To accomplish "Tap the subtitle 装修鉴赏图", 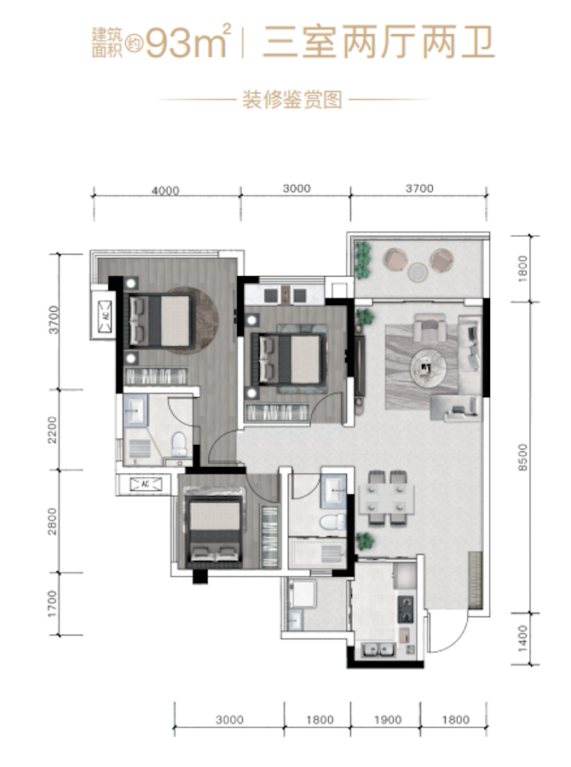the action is [x=292, y=100].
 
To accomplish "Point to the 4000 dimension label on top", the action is [x=165, y=190].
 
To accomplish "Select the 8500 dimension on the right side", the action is [x=522, y=457].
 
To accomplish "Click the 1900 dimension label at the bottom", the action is [x=388, y=719].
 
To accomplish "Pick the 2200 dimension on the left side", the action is [x=52, y=430].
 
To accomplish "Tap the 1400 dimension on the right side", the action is [x=522, y=637].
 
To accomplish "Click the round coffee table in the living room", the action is [x=428, y=366].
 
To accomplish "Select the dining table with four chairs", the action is [x=386, y=498].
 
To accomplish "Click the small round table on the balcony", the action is [x=418, y=272].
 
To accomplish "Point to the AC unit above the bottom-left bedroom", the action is [x=146, y=484].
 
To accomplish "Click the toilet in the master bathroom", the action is [x=178, y=442].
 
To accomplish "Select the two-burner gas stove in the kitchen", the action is [x=406, y=609].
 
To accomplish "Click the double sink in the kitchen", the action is [x=380, y=650].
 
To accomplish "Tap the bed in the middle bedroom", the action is [x=288, y=358].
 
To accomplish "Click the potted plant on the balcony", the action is [x=363, y=259].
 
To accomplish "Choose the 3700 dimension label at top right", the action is [x=419, y=188].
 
